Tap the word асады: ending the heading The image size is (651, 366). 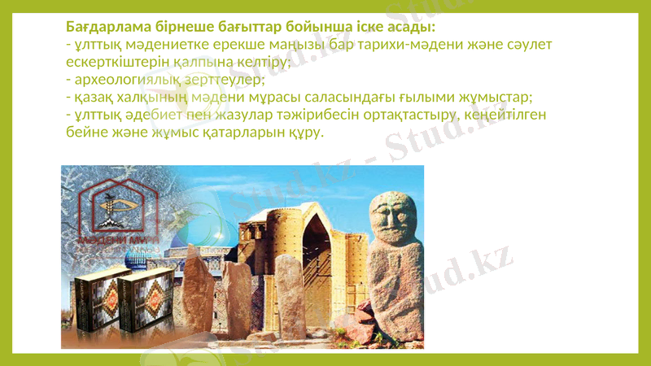[411, 27]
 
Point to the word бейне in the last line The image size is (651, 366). [85, 132]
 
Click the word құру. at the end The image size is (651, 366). [306, 132]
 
